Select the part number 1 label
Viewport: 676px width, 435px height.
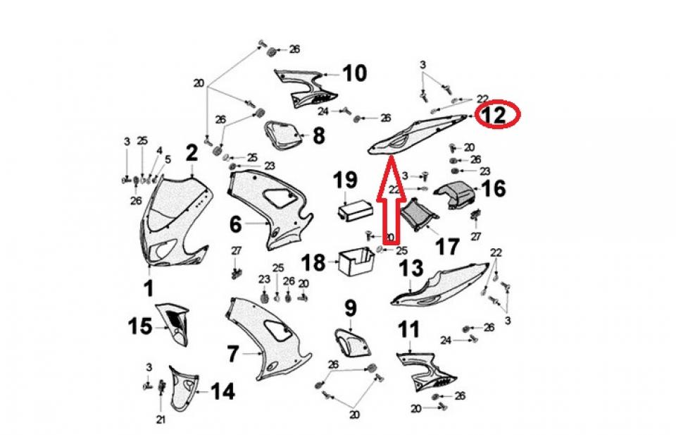(149, 288)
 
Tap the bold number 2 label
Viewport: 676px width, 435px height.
(192, 152)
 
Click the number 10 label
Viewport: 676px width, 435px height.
(355, 73)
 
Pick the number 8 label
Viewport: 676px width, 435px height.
(319, 135)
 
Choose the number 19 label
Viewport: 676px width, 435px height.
(345, 181)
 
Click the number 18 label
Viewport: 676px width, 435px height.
(314, 263)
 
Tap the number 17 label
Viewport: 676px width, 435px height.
(447, 247)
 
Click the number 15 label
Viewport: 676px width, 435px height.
(139, 326)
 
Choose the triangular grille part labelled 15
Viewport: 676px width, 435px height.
(175, 324)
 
